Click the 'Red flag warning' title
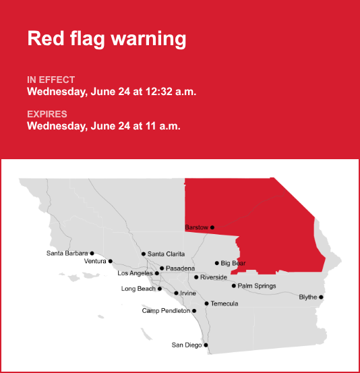pyautogui.click(x=107, y=38)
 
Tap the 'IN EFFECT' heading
pyautogui.click(x=51, y=80)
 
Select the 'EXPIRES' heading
pyautogui.click(x=47, y=114)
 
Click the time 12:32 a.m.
pyautogui.click(x=171, y=92)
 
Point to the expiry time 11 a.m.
pyautogui.click(x=163, y=126)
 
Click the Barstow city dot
pyautogui.click(x=212, y=227)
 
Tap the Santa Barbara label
pyautogui.click(x=67, y=253)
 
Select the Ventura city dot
pyautogui.click(x=111, y=261)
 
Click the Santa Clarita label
pyautogui.click(x=166, y=254)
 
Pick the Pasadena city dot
pyautogui.click(x=162, y=268)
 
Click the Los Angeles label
pyautogui.click(x=135, y=273)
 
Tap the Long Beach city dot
pyautogui.click(x=160, y=289)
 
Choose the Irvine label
pyautogui.click(x=188, y=293)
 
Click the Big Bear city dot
pyautogui.click(x=217, y=263)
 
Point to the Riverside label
pyautogui.click(x=214, y=277)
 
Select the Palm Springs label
pyautogui.click(x=257, y=286)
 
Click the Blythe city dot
pyautogui.click(x=322, y=297)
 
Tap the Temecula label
pyautogui.click(x=224, y=304)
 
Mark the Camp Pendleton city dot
pyautogui.click(x=194, y=311)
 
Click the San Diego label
pyautogui.click(x=187, y=345)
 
